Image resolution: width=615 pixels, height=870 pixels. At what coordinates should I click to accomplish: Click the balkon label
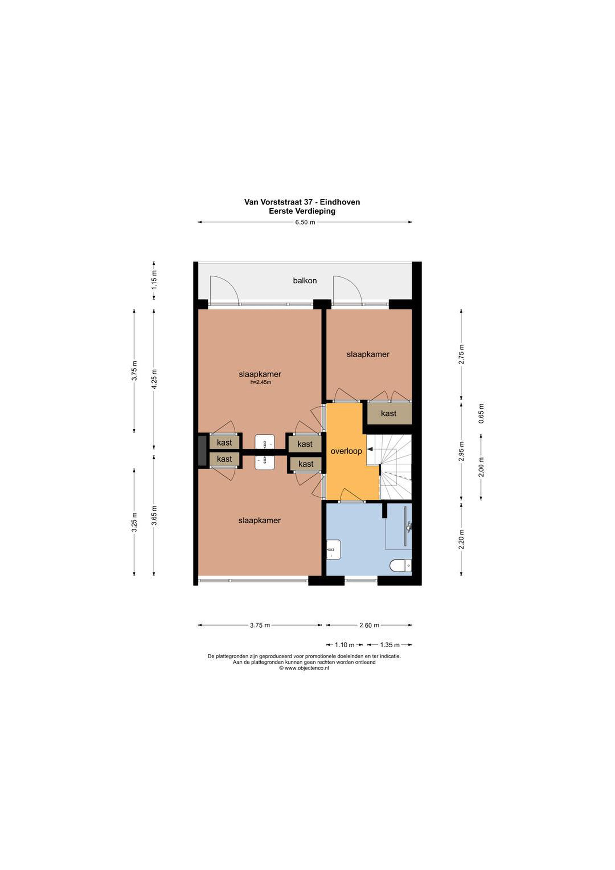[305, 281]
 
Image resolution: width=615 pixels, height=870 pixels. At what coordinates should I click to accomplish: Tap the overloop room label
[346, 451]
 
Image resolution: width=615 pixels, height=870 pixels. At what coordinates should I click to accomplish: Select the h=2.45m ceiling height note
[261, 382]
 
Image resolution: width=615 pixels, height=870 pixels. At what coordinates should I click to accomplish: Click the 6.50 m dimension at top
[305, 222]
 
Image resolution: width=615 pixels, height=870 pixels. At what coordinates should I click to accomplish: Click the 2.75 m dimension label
[461, 354]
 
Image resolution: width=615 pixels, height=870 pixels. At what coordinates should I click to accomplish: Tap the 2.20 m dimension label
[461, 539]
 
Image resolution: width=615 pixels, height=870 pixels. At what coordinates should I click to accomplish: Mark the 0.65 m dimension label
[481, 414]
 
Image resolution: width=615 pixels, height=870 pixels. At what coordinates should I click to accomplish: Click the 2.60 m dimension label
[369, 625]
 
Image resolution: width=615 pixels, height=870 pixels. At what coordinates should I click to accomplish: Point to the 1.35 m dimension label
[390, 645]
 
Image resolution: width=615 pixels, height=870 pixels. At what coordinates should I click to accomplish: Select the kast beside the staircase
[388, 414]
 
